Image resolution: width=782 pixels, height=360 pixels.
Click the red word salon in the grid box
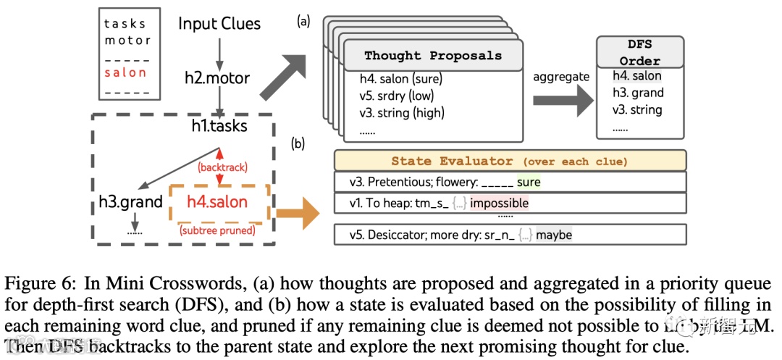125,72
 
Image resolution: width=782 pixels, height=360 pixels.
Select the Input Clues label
219,23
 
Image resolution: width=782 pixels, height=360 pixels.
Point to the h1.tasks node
219,126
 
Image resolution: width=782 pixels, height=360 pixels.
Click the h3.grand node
131,202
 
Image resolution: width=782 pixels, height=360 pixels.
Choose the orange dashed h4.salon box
218,204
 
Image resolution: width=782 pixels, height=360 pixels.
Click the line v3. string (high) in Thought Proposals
402,112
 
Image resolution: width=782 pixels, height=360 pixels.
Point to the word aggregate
561,77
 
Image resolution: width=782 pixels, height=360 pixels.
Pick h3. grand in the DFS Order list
638,93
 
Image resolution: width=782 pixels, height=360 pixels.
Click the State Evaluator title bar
509,161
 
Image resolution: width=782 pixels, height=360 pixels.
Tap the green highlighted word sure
529,182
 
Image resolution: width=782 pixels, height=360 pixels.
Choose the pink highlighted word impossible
499,204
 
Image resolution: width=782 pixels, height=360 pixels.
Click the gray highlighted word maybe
554,235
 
